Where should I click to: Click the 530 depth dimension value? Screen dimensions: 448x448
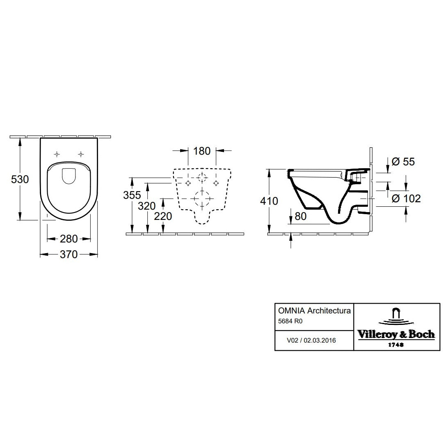point(20,179)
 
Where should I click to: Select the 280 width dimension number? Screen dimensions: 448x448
point(69,239)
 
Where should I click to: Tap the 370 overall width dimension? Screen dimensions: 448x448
point(69,254)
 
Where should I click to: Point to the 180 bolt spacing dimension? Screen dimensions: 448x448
point(202,151)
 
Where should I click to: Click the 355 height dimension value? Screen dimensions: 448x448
point(132,195)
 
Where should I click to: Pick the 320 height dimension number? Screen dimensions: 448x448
point(146,206)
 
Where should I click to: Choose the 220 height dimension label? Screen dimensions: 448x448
point(163,216)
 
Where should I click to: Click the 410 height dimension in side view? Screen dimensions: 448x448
point(269,201)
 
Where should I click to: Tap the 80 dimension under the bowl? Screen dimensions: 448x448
point(300,216)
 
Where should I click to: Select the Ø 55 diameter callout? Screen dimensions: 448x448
point(403,162)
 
